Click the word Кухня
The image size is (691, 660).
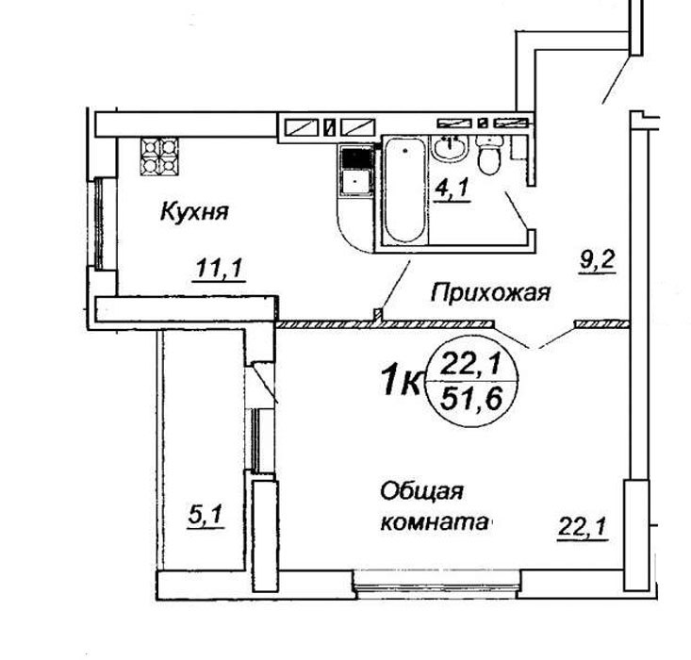coord(194,211)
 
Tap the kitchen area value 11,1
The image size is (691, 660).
coord(219,268)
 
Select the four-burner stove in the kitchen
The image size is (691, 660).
coord(159,157)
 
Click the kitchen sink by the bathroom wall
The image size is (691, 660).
coord(357,171)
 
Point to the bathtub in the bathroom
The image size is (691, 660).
coord(405,190)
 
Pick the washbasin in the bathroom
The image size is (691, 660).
coord(449,149)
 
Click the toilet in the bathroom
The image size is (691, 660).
coord(489,155)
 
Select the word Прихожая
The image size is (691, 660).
coord(491,292)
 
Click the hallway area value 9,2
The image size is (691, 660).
coord(597,261)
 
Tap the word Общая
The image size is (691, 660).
coord(421,492)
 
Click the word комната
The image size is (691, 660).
coord(435,523)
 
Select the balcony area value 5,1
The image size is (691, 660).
coord(206,516)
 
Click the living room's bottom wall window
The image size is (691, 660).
coord(437,585)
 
